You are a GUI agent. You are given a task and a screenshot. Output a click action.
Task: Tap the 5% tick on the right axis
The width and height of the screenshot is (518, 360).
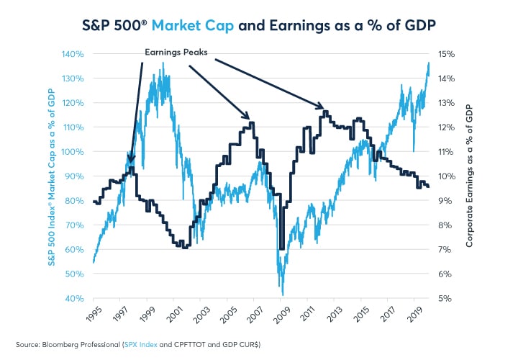click(445, 298)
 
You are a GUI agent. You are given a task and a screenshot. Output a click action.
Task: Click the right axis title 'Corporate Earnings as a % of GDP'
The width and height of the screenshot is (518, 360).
click(469, 176)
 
